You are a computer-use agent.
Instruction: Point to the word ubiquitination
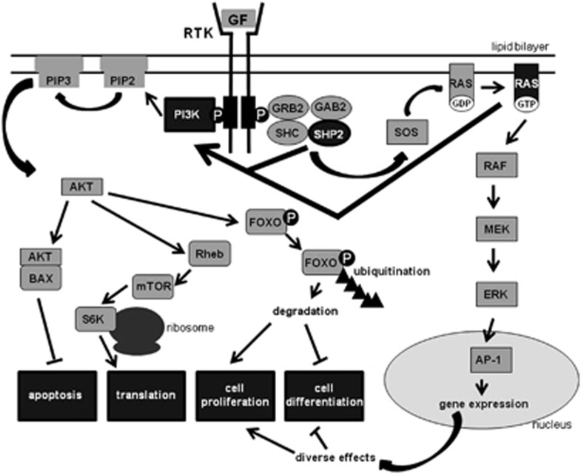[396, 271]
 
